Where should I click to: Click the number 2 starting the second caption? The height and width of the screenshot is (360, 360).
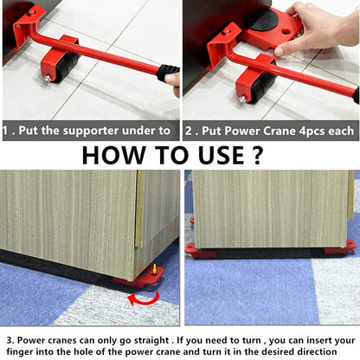pyautogui.click(x=190, y=131)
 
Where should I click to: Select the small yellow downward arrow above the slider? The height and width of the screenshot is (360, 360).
pyautogui.click(x=154, y=269)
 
